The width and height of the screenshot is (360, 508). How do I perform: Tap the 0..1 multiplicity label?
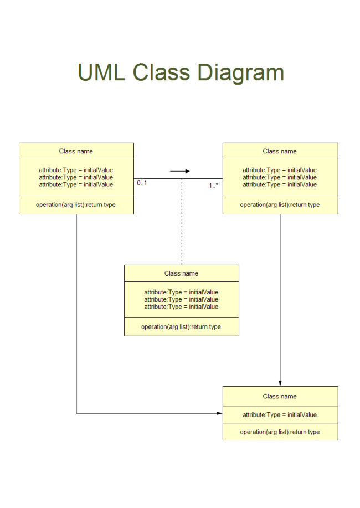[x=142, y=183]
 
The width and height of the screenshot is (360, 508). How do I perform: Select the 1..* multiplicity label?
[x=213, y=185]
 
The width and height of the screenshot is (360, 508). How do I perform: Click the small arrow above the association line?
[x=180, y=172]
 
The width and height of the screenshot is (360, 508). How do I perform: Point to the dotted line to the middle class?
[x=182, y=221]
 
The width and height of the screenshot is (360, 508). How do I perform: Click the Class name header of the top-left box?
[x=76, y=151]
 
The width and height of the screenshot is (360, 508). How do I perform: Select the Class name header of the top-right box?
[x=280, y=151]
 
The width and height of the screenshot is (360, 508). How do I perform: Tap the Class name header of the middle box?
[x=181, y=273]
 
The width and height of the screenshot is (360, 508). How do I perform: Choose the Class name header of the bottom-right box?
[x=280, y=396]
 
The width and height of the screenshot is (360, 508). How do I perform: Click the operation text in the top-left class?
[x=76, y=205]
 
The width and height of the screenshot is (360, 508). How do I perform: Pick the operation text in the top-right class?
[x=280, y=205]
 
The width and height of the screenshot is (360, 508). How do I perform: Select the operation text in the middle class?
[x=181, y=327]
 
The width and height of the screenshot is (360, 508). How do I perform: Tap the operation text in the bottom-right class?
[x=280, y=432]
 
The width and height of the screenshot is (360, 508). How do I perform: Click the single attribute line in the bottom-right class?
[x=280, y=415]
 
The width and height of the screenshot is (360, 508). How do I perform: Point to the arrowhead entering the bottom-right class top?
[x=280, y=383]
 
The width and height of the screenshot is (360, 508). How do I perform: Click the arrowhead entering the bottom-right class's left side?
[x=219, y=413]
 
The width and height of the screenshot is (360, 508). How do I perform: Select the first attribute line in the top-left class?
[x=76, y=170]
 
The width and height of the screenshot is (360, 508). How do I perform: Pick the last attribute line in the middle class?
[x=181, y=307]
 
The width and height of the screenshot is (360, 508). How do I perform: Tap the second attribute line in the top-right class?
[x=280, y=178]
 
